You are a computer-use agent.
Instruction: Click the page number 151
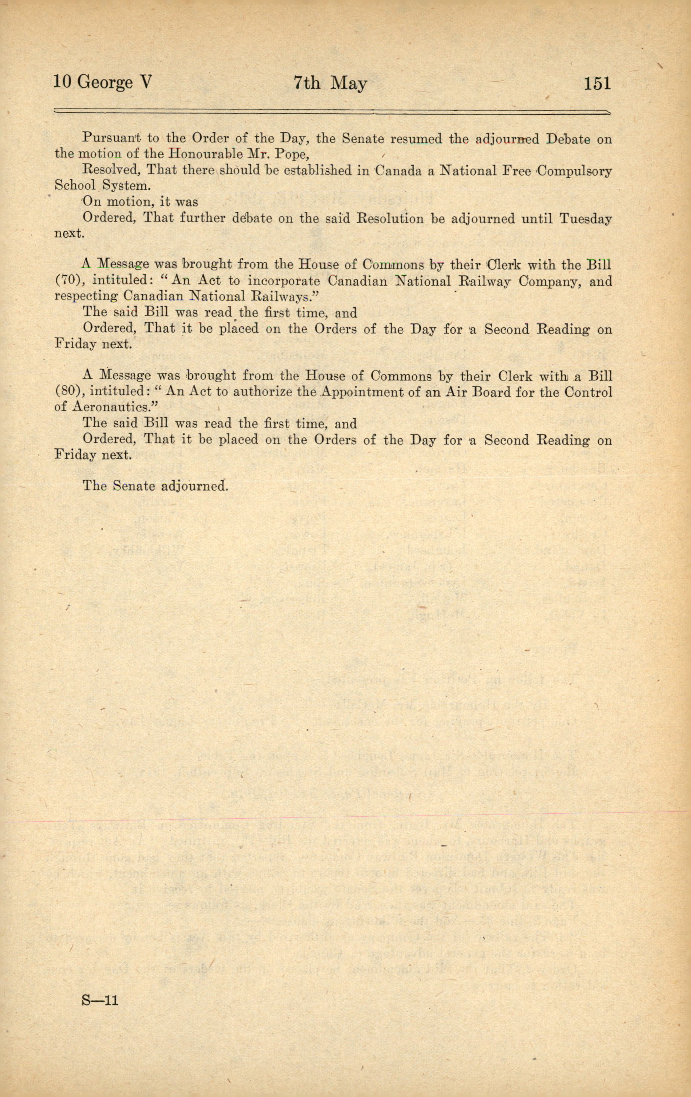[597, 83]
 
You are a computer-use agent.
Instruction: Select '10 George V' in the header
[102, 83]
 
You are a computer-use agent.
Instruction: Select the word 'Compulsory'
[574, 172]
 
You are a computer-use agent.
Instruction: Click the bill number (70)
[68, 281]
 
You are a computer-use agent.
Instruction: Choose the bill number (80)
[68, 392]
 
